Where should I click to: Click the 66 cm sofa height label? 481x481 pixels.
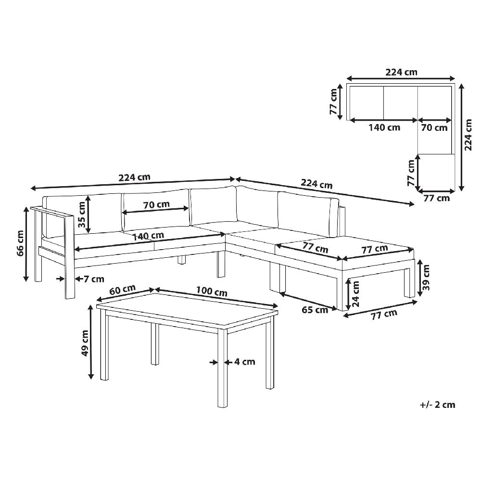tap(21, 243)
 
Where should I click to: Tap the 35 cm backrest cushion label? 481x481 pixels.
tap(82, 215)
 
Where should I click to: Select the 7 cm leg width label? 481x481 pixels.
tap(94, 279)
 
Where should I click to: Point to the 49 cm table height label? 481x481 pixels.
tap(85, 343)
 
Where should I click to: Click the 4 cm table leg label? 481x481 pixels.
tap(245, 362)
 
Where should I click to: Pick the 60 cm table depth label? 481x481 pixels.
tap(122, 290)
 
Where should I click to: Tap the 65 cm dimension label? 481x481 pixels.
tap(315, 310)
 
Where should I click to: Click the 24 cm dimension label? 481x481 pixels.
tap(355, 294)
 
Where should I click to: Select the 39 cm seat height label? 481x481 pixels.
tap(426, 278)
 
